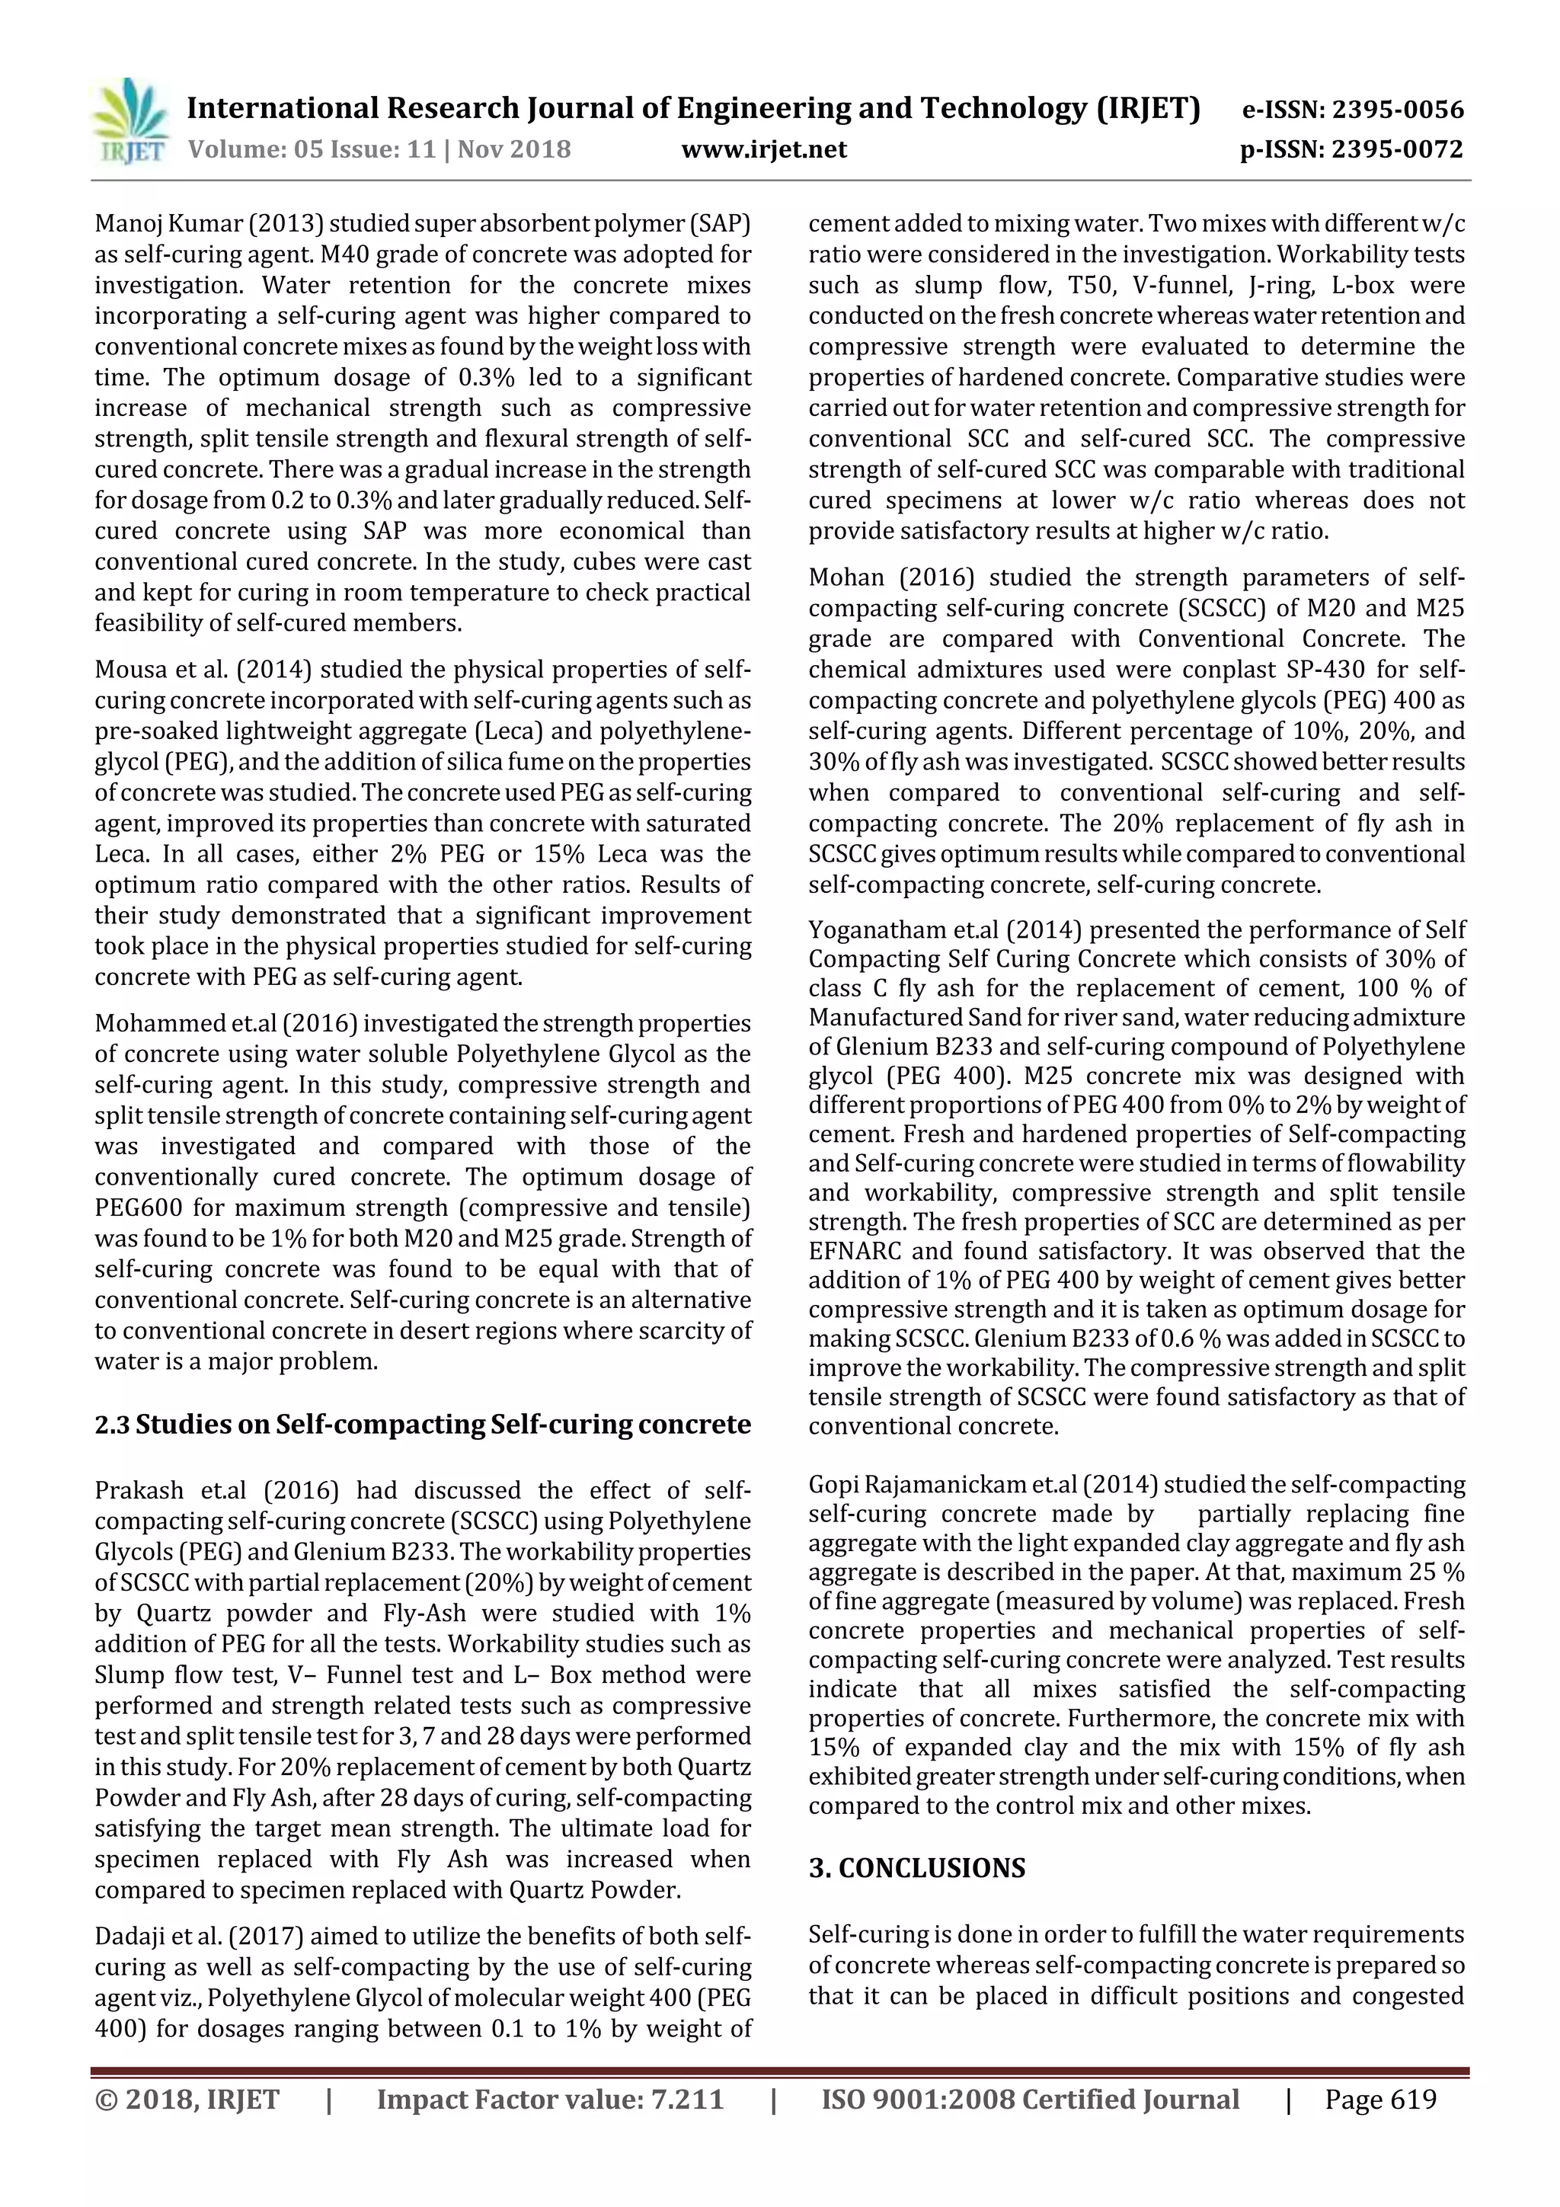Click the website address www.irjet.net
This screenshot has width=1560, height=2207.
pyautogui.click(x=763, y=150)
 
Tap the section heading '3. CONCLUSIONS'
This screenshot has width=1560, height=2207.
pyautogui.click(x=916, y=1868)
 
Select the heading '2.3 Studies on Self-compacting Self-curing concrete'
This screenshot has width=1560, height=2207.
pyautogui.click(x=422, y=1424)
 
